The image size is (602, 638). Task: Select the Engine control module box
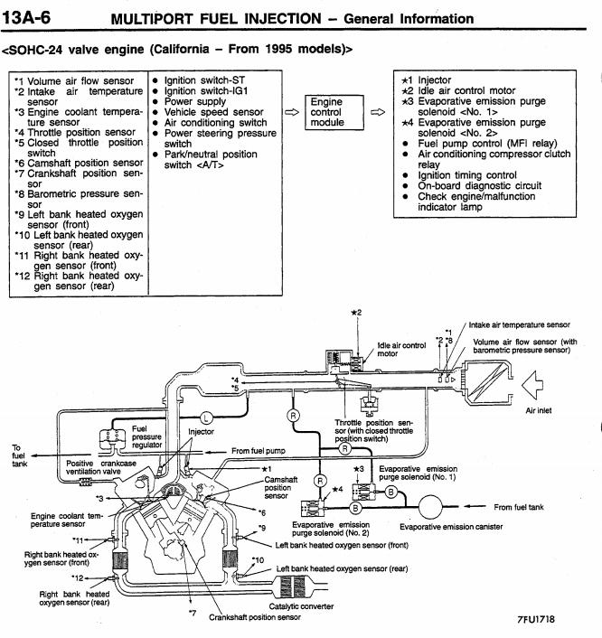pyautogui.click(x=326, y=112)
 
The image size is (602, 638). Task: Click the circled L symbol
pyautogui.click(x=206, y=417)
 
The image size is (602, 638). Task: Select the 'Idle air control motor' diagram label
pyautogui.click(x=401, y=349)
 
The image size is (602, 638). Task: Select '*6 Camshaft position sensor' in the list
pyautogui.click(x=78, y=163)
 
